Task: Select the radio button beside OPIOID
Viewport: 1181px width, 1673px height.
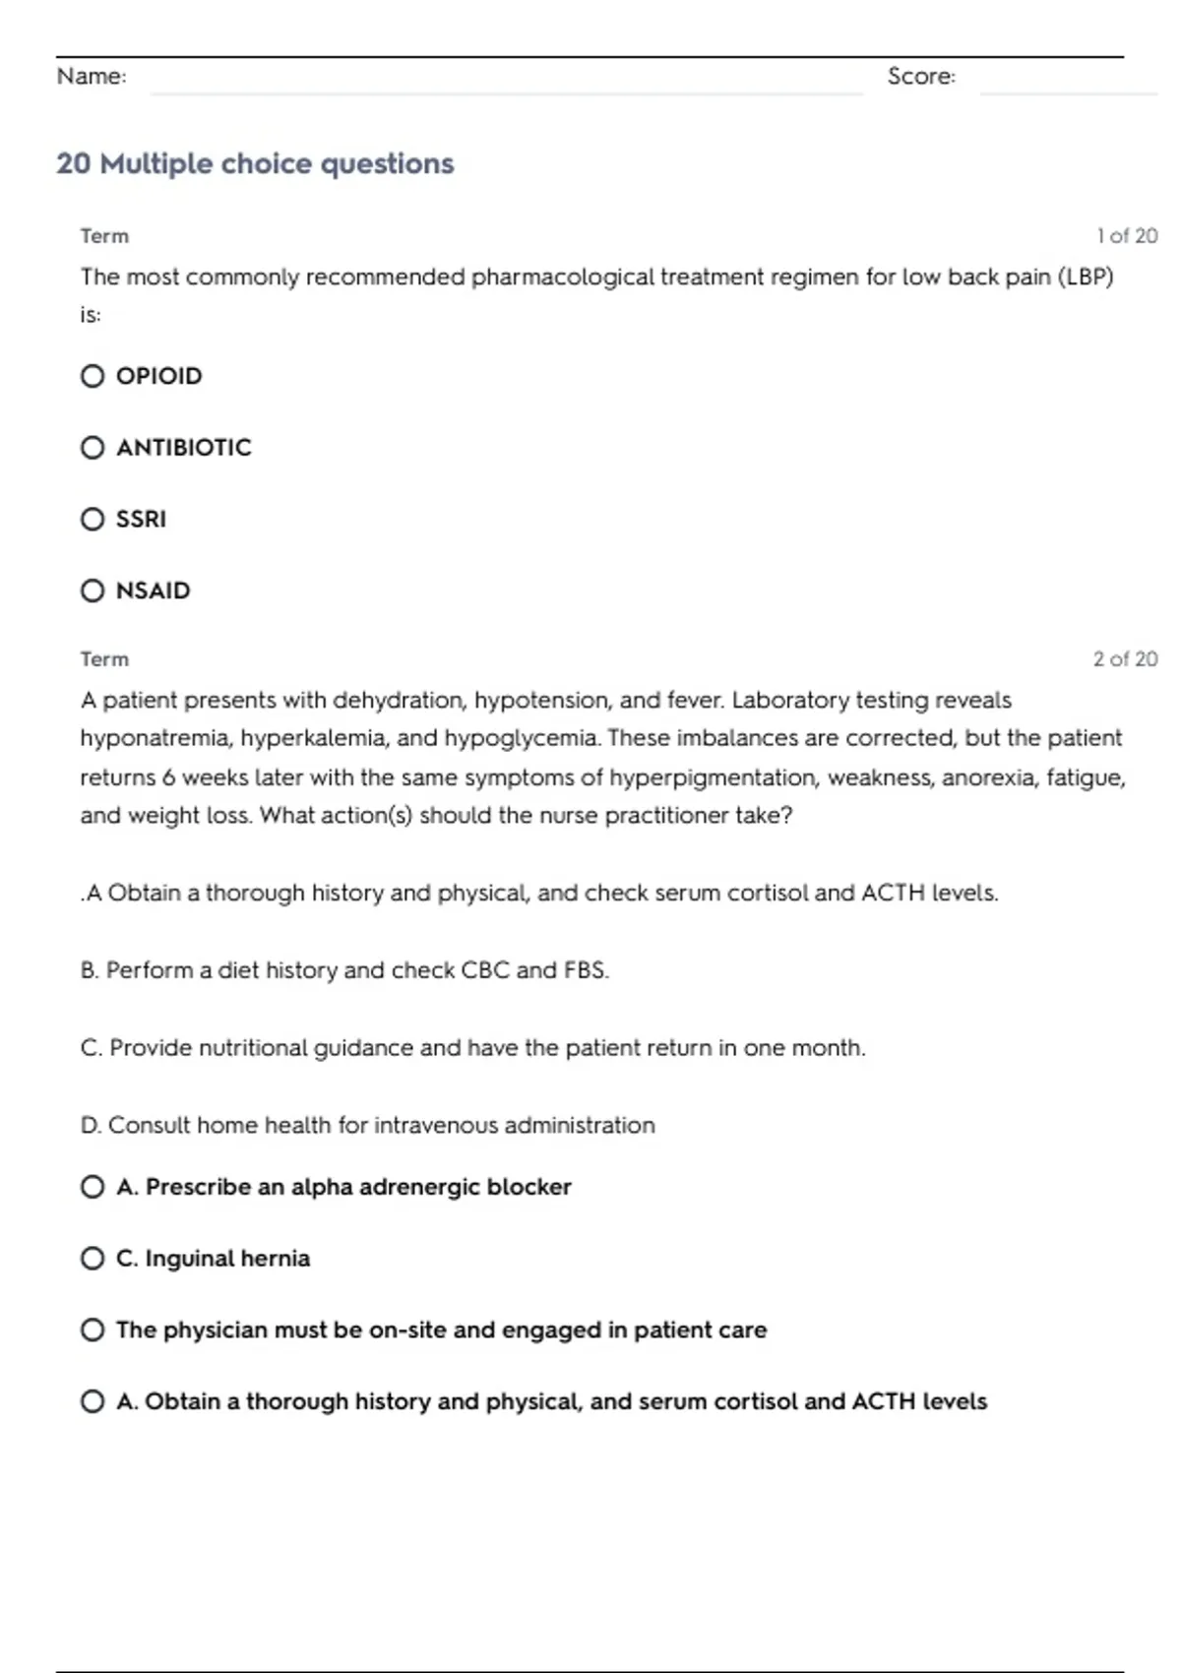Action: (x=93, y=376)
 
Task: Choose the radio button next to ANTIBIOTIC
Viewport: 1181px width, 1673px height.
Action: (x=93, y=448)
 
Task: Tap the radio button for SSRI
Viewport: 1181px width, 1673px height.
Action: (x=93, y=519)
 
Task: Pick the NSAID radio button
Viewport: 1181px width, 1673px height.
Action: (x=93, y=590)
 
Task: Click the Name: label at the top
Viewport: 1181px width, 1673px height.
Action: (x=92, y=77)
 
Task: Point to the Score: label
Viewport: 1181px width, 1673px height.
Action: (x=921, y=77)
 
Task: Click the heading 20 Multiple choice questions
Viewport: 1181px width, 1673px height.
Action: (x=255, y=163)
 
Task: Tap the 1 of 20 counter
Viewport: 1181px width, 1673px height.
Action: (x=1127, y=236)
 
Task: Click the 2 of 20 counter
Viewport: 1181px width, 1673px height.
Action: (x=1125, y=659)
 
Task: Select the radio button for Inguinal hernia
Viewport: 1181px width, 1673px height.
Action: (x=93, y=1259)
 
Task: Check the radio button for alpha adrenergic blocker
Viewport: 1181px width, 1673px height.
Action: (x=93, y=1187)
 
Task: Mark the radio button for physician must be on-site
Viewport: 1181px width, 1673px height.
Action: (x=93, y=1331)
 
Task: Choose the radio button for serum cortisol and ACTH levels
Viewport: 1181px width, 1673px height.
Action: (x=93, y=1401)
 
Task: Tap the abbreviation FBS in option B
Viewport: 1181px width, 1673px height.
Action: (x=586, y=970)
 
